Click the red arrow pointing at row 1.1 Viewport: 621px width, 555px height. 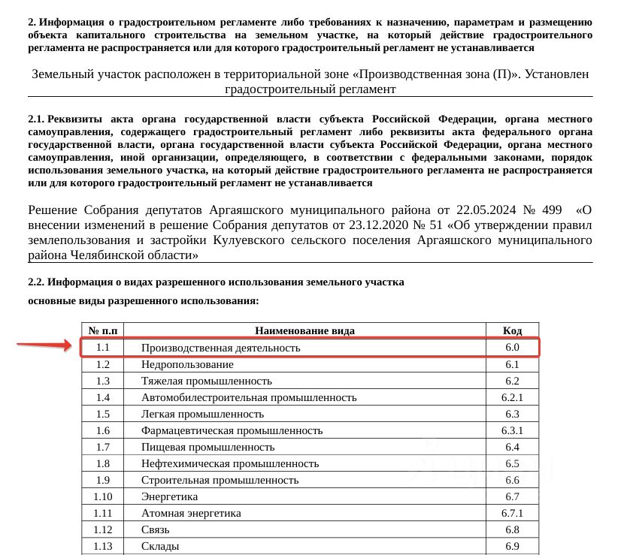[47, 345]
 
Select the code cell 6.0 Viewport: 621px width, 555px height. [513, 348]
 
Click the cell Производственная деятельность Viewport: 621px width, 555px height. [220, 348]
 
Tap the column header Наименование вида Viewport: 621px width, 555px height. [304, 330]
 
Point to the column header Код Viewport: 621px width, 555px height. [513, 330]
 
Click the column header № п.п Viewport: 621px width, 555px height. [103, 330]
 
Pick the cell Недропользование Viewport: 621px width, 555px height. [187, 364]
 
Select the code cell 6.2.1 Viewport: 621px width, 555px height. [513, 397]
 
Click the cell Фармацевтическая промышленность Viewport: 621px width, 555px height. [232, 430]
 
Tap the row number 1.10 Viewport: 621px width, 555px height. [103, 496]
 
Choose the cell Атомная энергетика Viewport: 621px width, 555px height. [191, 513]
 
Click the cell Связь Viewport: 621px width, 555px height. [156, 529]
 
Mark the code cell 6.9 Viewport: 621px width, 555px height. [513, 546]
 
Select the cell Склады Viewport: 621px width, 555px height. [160, 546]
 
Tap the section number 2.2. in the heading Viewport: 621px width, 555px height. [37, 282]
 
